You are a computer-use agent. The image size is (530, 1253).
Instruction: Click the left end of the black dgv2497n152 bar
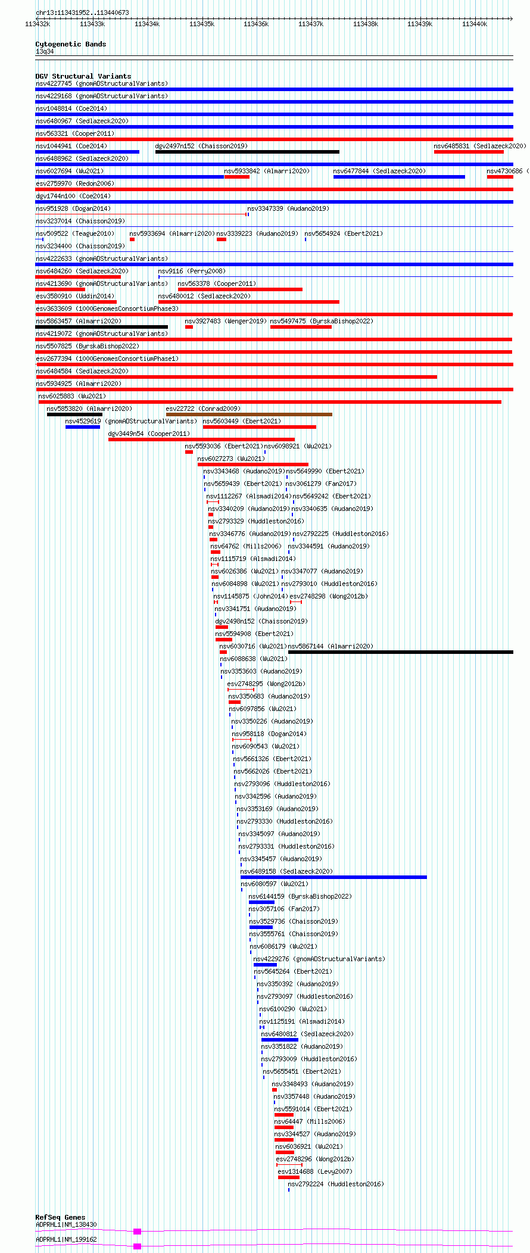[155, 152]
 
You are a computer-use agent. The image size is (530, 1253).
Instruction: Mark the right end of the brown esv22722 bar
[332, 414]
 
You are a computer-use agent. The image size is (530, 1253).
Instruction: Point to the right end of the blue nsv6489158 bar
[427, 877]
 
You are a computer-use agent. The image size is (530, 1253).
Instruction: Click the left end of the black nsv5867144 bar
[288, 652]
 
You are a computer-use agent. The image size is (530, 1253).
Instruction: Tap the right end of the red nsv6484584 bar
[437, 377]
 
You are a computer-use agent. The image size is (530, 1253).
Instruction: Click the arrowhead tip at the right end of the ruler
[513, 18]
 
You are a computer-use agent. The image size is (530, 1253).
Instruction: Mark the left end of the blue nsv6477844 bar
[333, 177]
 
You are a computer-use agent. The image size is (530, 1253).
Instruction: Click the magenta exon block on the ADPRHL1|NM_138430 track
[138, 1232]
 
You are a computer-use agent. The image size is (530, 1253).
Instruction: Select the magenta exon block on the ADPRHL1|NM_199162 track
[138, 1246]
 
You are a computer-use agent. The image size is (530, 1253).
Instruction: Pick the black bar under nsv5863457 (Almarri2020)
[102, 327]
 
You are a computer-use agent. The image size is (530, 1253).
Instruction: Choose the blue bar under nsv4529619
[83, 427]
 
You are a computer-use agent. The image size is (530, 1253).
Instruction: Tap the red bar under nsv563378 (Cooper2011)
[240, 289]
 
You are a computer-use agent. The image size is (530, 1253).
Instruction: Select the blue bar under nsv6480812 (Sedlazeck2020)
[280, 1040]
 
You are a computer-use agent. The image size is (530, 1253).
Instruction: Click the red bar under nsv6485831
[469, 152]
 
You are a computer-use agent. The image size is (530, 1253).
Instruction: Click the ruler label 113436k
[256, 24]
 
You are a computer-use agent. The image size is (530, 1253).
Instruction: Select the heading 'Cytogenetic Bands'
[71, 44]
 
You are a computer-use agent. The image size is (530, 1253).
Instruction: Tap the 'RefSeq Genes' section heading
[60, 1217]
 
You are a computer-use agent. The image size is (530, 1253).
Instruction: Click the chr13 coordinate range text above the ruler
[82, 13]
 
